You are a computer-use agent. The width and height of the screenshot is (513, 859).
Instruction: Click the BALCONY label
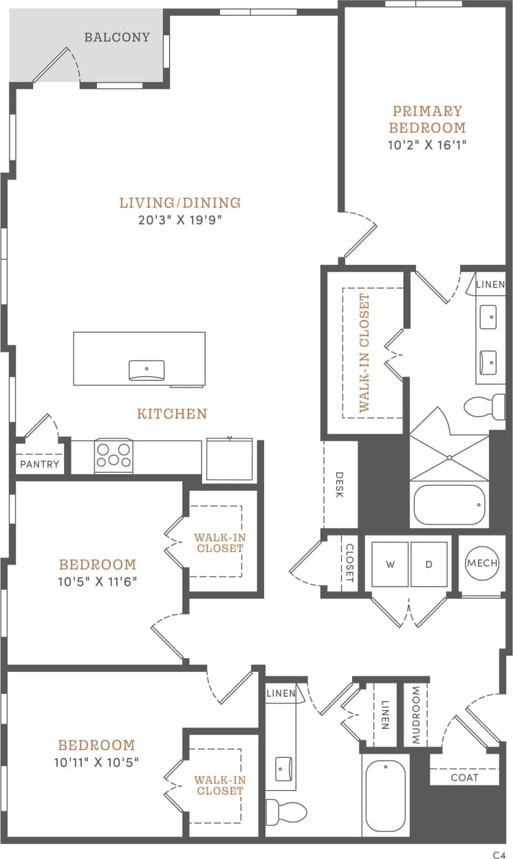click(x=117, y=37)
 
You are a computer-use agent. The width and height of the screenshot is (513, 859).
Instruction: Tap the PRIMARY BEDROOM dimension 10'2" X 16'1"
click(x=427, y=145)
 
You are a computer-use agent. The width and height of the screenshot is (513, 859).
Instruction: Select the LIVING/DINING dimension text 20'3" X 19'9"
click(x=180, y=220)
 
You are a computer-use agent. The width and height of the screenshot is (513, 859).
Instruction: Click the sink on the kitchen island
click(x=146, y=370)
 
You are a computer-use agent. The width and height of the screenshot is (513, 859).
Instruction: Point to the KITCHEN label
click(x=172, y=414)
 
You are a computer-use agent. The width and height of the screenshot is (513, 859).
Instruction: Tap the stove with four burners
click(x=113, y=456)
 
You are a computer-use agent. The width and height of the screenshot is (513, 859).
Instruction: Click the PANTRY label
click(x=40, y=465)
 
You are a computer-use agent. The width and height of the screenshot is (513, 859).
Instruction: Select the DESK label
click(x=340, y=486)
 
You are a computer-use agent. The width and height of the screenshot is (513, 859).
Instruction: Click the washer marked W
click(x=391, y=564)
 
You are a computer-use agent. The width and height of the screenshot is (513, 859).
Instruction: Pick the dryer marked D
click(x=428, y=564)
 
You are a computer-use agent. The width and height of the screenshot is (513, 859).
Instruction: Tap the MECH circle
click(x=481, y=564)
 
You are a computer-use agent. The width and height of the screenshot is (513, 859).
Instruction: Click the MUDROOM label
click(x=416, y=716)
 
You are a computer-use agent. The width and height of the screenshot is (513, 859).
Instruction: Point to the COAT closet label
click(x=464, y=778)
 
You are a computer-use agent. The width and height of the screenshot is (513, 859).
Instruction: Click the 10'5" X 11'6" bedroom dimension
click(x=98, y=582)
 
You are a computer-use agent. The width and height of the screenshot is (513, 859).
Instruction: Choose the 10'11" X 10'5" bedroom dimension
click(x=96, y=762)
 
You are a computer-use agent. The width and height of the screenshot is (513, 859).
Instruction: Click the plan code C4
click(x=499, y=854)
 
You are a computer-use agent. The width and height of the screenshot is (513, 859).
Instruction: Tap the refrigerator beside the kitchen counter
click(x=229, y=457)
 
